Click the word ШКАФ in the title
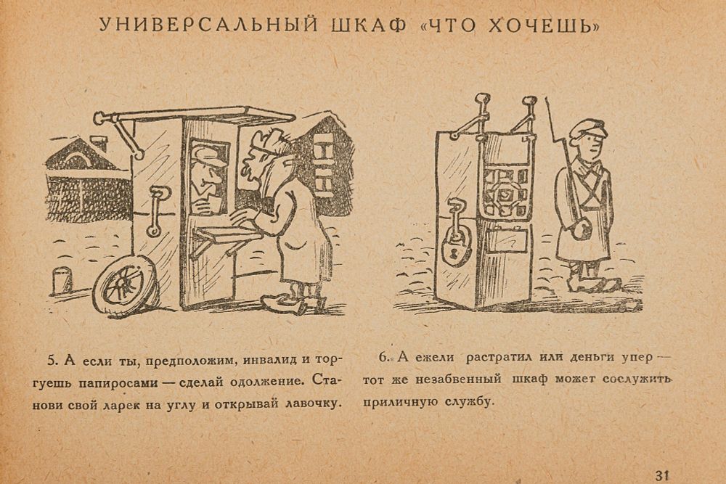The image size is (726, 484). pyautogui.click(x=369, y=25)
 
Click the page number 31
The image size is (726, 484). pyautogui.click(x=663, y=475)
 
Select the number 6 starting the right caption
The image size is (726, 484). pyautogui.click(x=383, y=357)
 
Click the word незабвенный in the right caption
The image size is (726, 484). pyautogui.click(x=458, y=380)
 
